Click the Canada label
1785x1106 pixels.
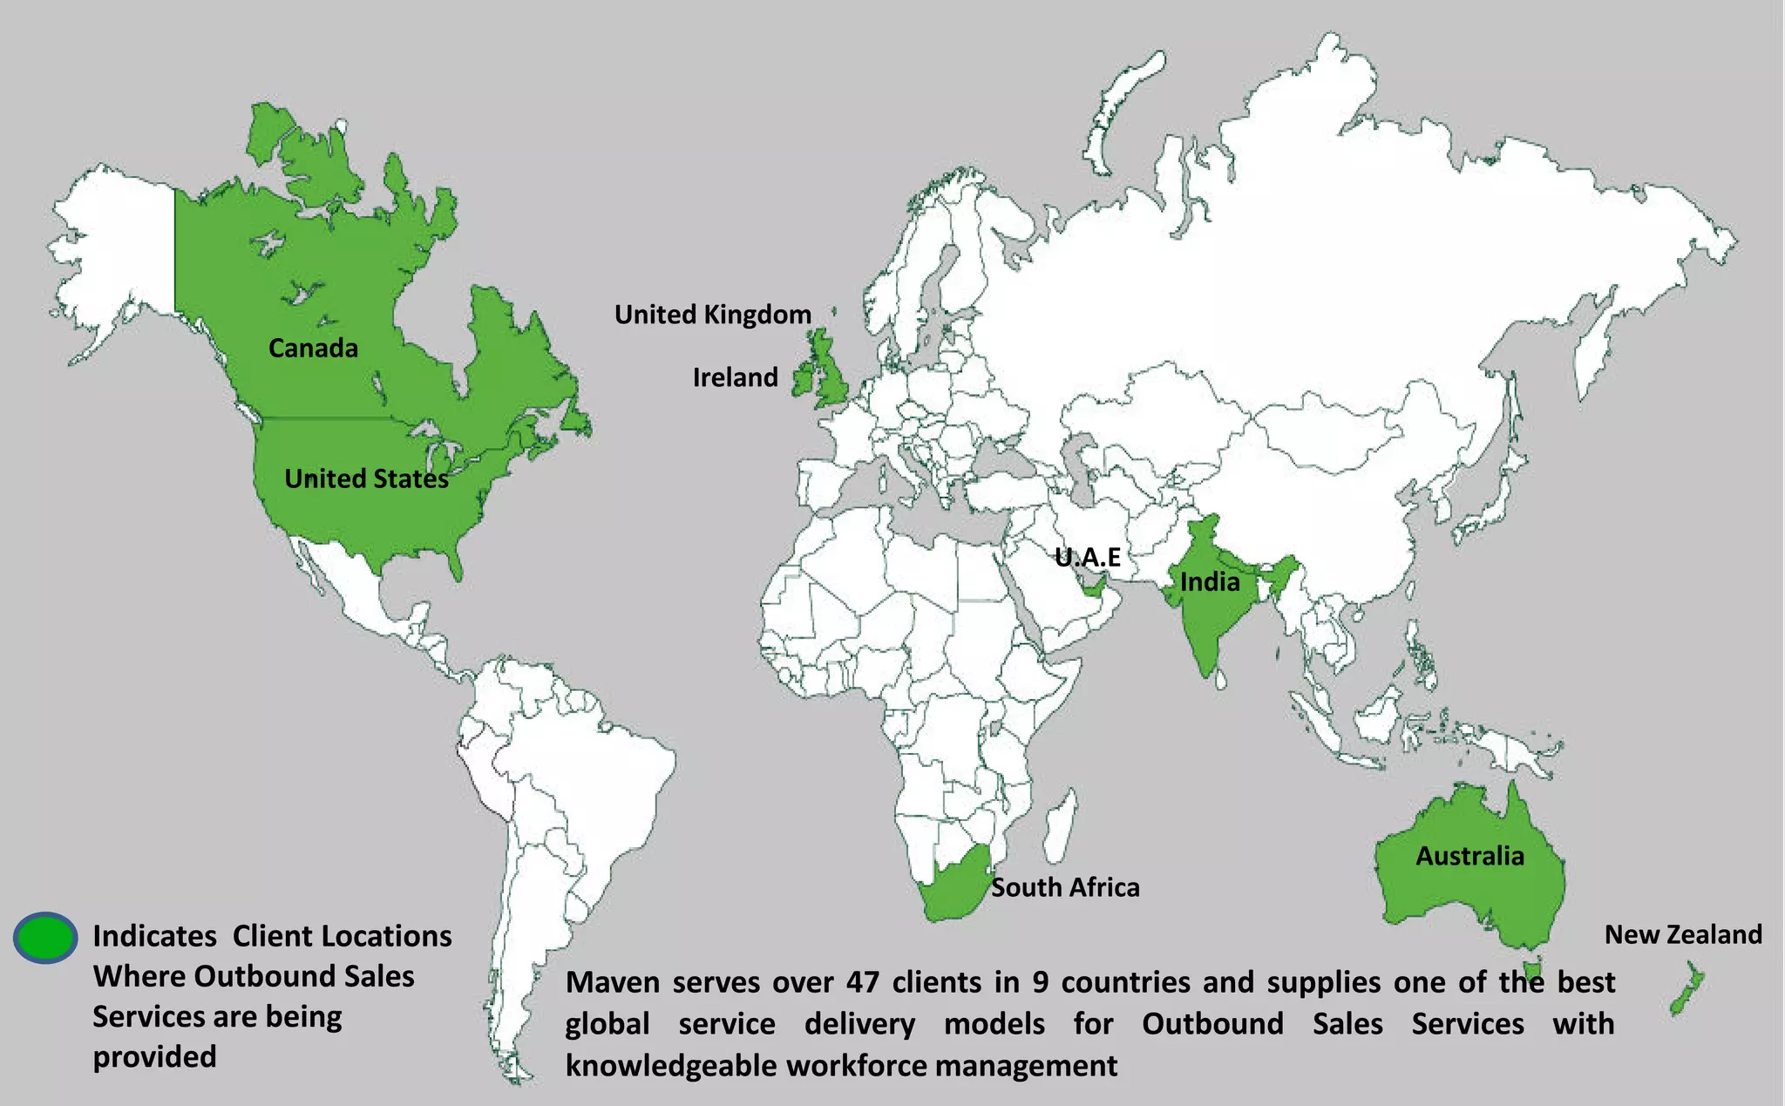[313, 349]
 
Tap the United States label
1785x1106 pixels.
[366, 478]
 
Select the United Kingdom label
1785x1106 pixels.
[712, 315]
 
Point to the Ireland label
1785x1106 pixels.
[735, 377]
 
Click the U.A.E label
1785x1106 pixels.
[1087, 557]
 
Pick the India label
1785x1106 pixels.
[1210, 582]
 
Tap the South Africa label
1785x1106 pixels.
[1065, 887]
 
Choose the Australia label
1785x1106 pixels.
[1469, 856]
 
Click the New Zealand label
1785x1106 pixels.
[1683, 934]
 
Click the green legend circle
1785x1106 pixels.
[45, 938]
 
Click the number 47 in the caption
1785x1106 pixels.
[862, 982]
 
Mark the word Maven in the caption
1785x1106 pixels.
[612, 982]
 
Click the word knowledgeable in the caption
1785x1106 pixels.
[669, 1065]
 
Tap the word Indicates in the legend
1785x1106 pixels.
[154, 936]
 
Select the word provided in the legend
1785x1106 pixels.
[154, 1056]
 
